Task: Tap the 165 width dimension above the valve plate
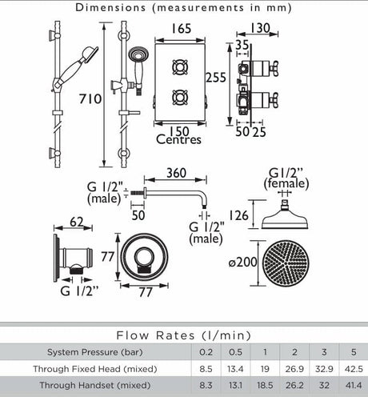click(x=181, y=29)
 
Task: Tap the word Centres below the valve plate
click(x=178, y=141)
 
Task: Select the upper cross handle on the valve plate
click(x=180, y=63)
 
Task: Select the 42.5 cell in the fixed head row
click(x=349, y=369)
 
